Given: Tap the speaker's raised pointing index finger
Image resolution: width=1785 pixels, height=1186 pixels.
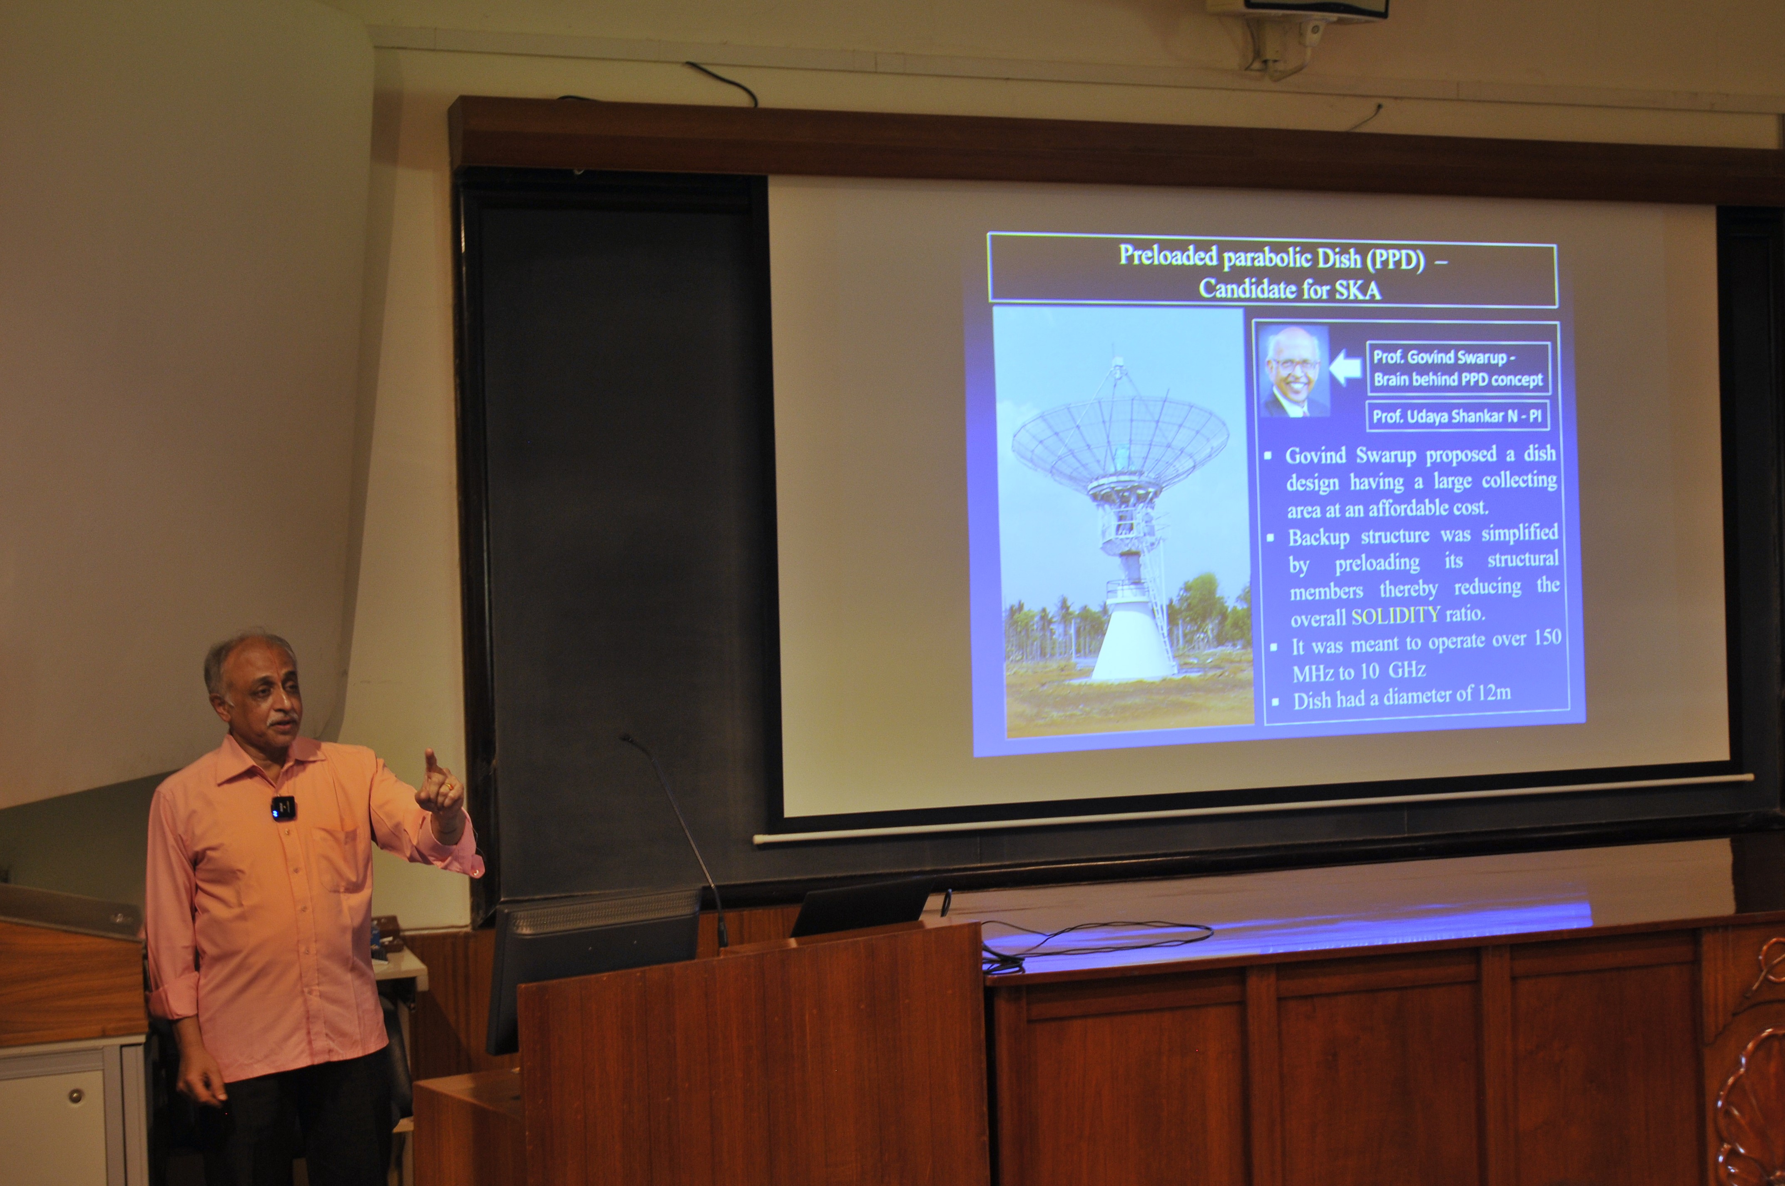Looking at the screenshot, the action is pos(430,765).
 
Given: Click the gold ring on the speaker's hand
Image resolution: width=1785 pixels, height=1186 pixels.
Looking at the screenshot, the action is pos(450,787).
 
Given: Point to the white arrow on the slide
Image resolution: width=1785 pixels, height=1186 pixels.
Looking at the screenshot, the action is pos(1345,369).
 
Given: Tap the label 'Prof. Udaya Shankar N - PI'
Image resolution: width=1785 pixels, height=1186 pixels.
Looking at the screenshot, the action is pos(1457,416).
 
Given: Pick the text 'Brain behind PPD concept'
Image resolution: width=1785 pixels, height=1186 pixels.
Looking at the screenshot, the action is pos(1458,379).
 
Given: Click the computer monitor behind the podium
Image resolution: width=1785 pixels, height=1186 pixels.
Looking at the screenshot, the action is pos(594,961).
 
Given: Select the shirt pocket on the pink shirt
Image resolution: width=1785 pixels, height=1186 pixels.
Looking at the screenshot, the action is pos(336,859).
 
